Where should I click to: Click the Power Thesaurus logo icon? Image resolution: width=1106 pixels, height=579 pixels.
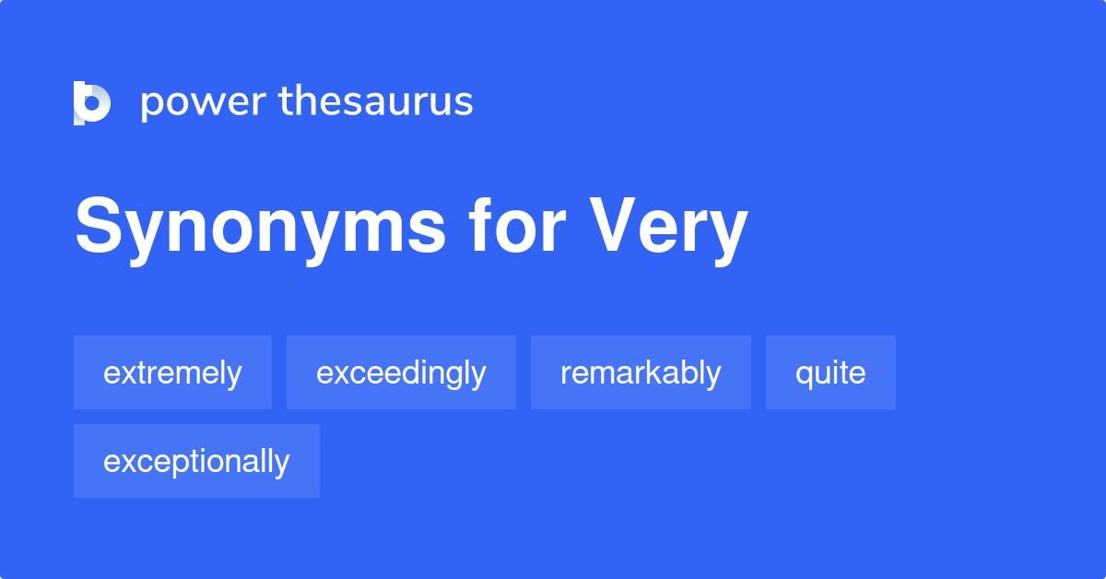coord(92,102)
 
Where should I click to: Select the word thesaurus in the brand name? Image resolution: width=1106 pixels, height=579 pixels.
coord(376,100)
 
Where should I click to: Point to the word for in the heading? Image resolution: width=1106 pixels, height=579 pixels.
coord(517,225)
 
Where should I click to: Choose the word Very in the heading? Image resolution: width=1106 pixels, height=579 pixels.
coord(669,230)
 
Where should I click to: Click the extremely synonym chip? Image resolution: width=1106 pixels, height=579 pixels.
coord(173,372)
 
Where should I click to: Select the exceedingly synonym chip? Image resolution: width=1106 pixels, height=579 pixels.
coord(401,372)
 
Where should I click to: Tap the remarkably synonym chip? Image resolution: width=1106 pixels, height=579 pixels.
coord(641,372)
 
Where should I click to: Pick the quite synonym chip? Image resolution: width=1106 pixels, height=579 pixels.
coord(830,372)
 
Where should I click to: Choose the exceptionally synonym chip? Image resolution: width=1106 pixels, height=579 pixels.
coord(196,461)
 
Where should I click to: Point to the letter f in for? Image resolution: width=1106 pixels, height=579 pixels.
coord(481,225)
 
